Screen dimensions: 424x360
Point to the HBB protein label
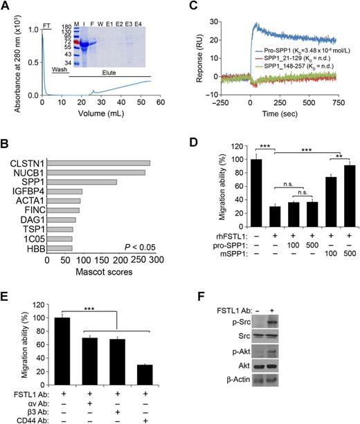[33, 247]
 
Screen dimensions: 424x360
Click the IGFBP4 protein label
[28, 192]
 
